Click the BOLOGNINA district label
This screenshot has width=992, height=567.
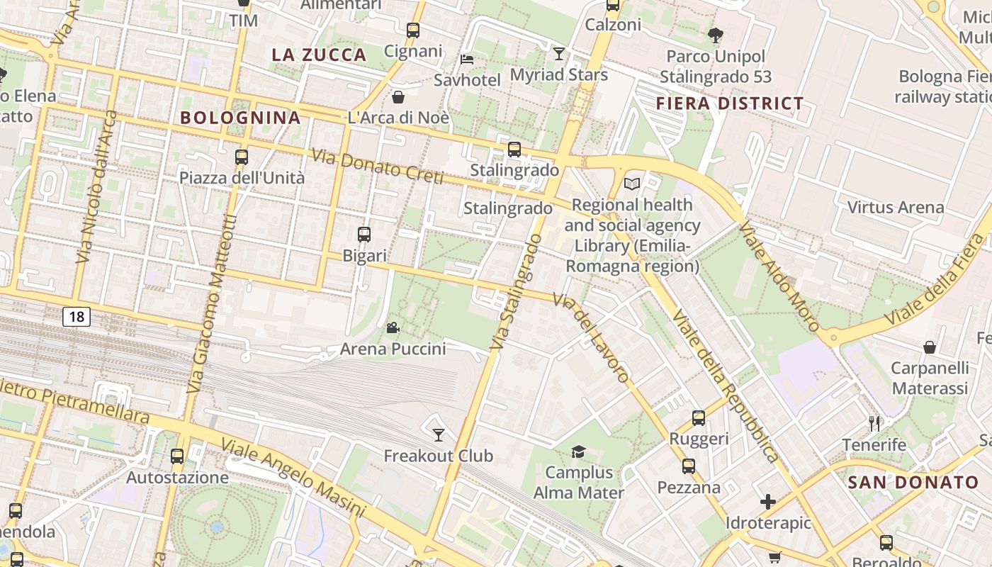coord(241,118)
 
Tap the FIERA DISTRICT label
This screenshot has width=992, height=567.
coord(730,103)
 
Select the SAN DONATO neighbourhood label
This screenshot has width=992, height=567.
coord(913,483)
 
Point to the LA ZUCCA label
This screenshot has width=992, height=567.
coord(319,55)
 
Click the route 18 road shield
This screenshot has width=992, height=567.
coord(77,316)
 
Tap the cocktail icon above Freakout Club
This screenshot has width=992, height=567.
coord(439,434)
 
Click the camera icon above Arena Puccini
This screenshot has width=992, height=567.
coord(393,327)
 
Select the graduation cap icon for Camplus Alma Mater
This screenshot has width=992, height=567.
coord(579,451)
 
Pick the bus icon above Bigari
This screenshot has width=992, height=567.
coord(364,234)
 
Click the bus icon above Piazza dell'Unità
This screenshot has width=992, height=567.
coord(242,157)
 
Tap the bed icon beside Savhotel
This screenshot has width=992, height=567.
coord(467,59)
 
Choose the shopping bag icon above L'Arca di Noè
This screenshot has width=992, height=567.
coord(398,96)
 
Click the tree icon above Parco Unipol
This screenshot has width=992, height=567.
coord(716,35)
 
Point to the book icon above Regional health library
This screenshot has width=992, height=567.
coord(632,184)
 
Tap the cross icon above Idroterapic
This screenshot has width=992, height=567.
coord(768,502)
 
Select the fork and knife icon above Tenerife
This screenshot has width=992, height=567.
coord(874,423)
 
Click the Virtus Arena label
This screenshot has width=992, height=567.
coord(896,208)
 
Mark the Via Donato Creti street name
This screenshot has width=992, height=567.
coord(377,167)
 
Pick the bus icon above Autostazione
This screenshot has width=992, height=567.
coord(177,456)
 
